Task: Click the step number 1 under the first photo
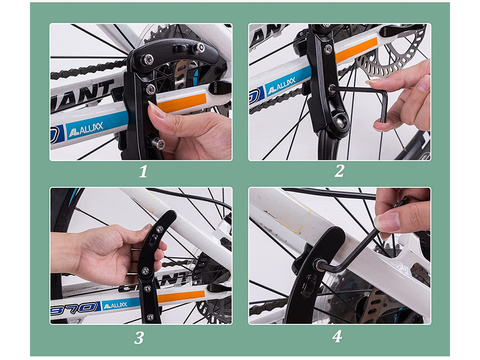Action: click(x=142, y=171)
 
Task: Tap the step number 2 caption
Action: click(x=339, y=171)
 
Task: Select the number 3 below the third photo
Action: click(x=139, y=337)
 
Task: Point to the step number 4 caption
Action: click(x=336, y=337)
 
